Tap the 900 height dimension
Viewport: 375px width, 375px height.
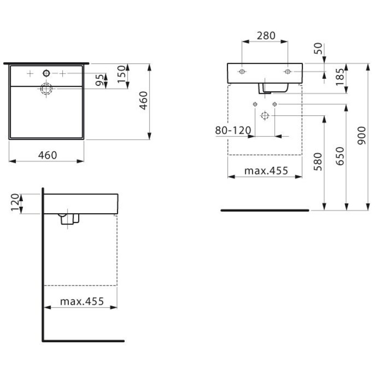coord(360,136)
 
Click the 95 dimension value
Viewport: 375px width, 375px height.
coord(98,80)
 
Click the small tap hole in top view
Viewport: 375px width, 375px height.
coord(46,73)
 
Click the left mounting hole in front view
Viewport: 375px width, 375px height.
coord(242,71)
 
